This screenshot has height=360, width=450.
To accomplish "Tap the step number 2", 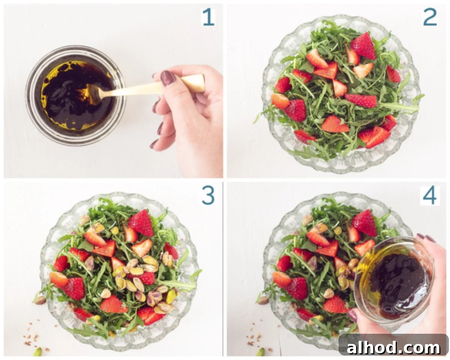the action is pos(430,17).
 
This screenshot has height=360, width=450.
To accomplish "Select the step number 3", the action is pos(208,195).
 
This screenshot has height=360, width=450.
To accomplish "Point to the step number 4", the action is pos(430,195).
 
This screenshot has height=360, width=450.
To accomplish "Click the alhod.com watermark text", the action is pos(393,348).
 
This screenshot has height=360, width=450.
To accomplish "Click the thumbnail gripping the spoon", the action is pos(168,78).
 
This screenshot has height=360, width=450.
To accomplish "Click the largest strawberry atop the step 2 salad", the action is pos(363,46).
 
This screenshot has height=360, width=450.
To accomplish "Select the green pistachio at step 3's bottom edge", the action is pos(38,352).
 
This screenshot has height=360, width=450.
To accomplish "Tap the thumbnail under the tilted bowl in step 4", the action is pos(352,316).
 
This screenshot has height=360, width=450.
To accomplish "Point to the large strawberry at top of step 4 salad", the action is pos(364,223).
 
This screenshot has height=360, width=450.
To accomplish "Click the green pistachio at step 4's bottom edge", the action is pos(261,352).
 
